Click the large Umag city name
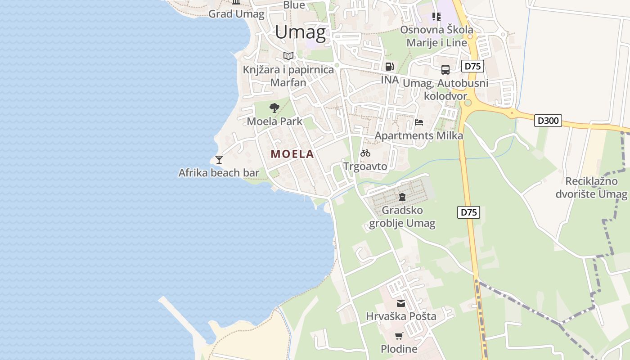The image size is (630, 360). tap(300, 32)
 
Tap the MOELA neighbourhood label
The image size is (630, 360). tap(292, 154)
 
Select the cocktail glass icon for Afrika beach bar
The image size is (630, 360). tap(219, 159)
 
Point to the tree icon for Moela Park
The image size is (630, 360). tap(274, 108)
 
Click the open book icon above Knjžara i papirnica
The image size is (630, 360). tap(288, 56)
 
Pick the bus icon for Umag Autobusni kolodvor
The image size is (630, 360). tap(445, 70)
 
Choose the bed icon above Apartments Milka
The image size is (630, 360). tap(419, 122)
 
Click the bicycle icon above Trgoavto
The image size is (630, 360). tap(365, 153)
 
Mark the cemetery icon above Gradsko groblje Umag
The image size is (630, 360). tap(402, 197)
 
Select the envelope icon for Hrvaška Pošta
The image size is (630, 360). tap(401, 303)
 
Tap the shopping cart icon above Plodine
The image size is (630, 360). tap(399, 336)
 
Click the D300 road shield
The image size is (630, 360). tap(548, 121)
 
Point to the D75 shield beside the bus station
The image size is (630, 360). tap(472, 67)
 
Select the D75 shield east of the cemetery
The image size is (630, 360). tap(468, 212)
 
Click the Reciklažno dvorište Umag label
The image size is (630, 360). tap(591, 188)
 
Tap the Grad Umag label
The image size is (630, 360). tap(236, 14)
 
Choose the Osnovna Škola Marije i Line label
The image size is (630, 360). tap(437, 36)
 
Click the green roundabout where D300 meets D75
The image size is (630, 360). tap(468, 103)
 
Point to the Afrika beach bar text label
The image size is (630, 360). tap(219, 173)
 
